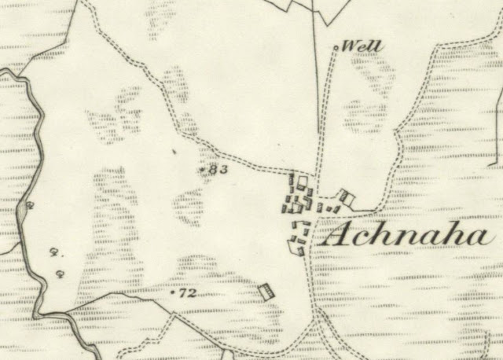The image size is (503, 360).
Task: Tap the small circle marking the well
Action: (336, 48)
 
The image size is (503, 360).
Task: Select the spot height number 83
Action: (218, 169)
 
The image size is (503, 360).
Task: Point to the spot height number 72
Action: (187, 294)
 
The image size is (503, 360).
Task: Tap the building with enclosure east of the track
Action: (347, 197)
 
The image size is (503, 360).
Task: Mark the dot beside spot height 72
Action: (173, 293)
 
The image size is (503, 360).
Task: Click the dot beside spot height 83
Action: (204, 169)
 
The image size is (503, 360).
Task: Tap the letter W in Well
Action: (354, 47)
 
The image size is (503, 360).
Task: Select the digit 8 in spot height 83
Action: (214, 169)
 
